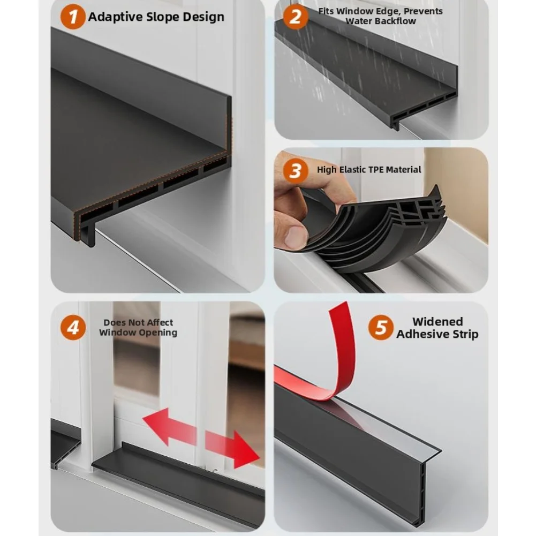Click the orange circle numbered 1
coord(73,17)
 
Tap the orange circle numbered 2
coord(296,17)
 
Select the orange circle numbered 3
coord(296,170)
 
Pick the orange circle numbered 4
coord(73,328)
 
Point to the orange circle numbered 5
coord(381,328)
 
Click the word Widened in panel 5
coord(437,322)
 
